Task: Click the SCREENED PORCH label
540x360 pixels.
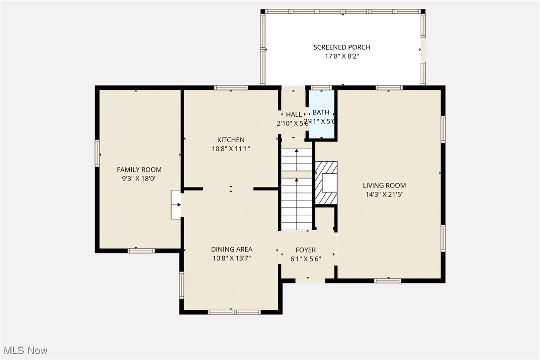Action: tap(342, 47)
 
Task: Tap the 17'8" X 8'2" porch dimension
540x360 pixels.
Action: tap(342, 57)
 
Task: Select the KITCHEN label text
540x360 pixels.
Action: tap(231, 140)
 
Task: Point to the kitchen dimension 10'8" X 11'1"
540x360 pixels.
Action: tap(231, 149)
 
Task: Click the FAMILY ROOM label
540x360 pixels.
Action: tap(139, 170)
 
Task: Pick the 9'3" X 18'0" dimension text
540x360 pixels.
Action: tap(139, 179)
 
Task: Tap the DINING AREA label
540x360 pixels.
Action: tap(232, 249)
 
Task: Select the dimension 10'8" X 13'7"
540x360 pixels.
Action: tap(232, 258)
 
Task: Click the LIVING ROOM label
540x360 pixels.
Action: tap(384, 185)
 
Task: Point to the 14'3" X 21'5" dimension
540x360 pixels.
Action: tap(384, 194)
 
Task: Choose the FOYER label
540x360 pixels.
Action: tap(306, 250)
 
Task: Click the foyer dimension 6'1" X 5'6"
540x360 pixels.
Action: tap(306, 259)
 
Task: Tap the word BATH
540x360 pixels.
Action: tap(321, 112)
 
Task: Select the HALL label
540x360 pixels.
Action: tap(294, 114)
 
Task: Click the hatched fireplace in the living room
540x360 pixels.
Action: tap(326, 182)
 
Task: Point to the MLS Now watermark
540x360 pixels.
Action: tap(24, 351)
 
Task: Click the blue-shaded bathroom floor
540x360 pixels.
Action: tap(321, 130)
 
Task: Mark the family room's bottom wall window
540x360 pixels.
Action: tap(141, 251)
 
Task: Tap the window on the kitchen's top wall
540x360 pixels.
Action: tap(231, 88)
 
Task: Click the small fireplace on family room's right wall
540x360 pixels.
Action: tap(177, 204)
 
